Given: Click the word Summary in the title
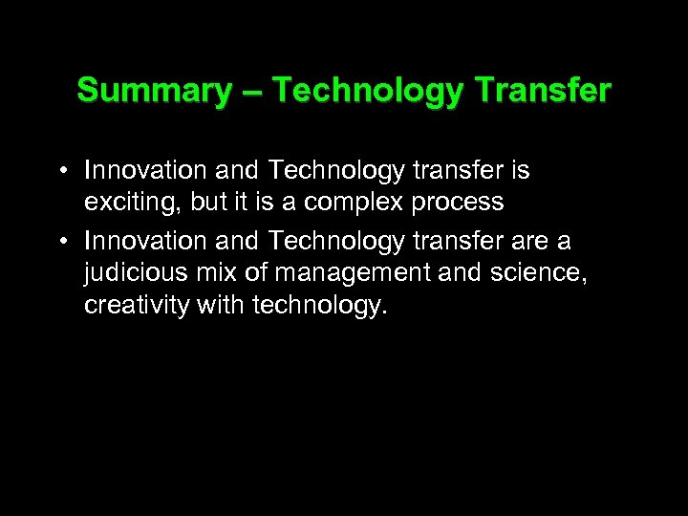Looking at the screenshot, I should click(x=153, y=91).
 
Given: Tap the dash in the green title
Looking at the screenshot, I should click(x=250, y=92).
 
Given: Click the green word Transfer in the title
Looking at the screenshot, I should click(x=542, y=91).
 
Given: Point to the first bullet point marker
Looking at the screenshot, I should click(x=60, y=172).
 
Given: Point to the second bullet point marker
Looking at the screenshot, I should click(x=60, y=242).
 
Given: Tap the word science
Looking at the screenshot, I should click(x=536, y=273).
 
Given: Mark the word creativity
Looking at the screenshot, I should click(x=128, y=308).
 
